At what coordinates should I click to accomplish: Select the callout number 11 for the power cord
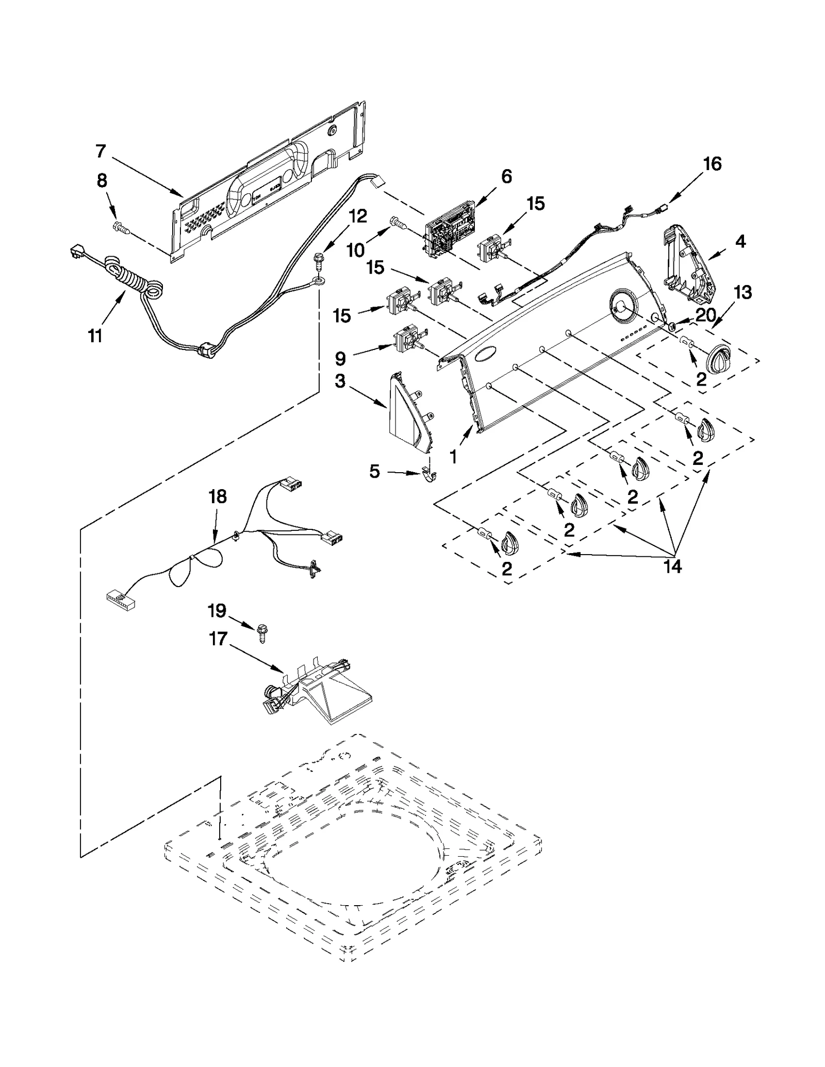click(x=95, y=336)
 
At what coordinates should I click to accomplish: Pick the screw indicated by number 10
click(x=398, y=222)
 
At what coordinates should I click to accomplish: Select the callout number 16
click(x=712, y=164)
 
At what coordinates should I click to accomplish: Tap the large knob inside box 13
click(x=721, y=359)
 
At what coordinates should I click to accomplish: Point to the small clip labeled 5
click(x=427, y=475)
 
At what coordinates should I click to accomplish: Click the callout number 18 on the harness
click(x=217, y=497)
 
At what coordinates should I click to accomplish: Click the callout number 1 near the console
click(x=453, y=457)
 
